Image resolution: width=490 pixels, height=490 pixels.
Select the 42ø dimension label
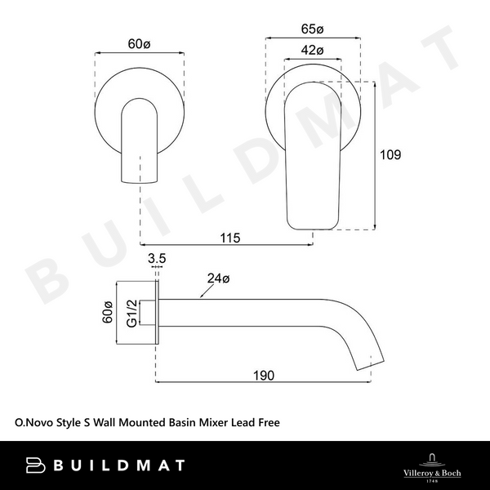314,51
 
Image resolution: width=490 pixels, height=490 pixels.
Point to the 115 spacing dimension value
230,238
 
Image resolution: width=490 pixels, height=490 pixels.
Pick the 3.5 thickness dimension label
158,258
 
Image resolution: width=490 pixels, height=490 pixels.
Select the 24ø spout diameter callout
216,278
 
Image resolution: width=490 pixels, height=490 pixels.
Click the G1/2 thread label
131,314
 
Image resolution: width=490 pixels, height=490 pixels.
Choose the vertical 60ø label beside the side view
106,314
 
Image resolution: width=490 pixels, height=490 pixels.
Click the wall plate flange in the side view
158,314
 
